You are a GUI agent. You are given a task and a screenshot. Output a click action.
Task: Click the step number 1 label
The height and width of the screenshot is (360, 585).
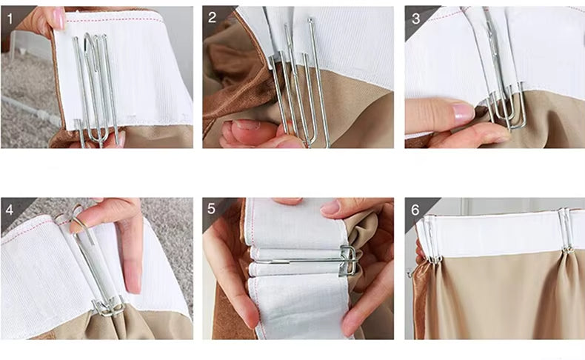[x=10, y=18]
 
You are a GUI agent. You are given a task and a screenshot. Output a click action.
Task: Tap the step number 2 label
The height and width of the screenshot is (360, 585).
[x=212, y=17]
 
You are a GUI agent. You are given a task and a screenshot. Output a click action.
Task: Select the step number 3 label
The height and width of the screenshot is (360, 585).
[x=415, y=19]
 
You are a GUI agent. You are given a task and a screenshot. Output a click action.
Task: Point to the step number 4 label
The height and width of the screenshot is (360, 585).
[x=10, y=210]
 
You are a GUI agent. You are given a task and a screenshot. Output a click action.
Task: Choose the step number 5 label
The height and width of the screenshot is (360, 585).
[x=211, y=209]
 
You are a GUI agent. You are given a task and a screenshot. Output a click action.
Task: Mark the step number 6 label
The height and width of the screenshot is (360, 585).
[x=415, y=210]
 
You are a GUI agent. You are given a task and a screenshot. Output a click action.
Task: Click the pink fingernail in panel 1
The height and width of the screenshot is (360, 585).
[x=58, y=19]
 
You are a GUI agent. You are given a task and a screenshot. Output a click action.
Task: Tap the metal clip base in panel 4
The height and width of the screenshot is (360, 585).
[x=108, y=307]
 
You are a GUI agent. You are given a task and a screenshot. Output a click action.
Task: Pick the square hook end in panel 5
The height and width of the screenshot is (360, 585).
[x=348, y=261]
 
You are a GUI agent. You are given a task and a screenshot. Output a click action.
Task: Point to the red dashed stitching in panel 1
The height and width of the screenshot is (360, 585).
[x=116, y=20]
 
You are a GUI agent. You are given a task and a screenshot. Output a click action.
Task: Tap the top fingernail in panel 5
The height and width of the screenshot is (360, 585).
[x=330, y=207]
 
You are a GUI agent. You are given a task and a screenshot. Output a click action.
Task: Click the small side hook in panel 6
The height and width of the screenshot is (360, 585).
[x=410, y=273]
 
